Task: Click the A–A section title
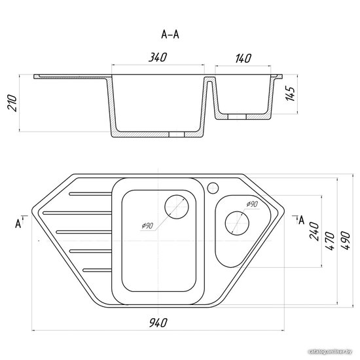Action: pos(170,35)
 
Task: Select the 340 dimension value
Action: pos(158,57)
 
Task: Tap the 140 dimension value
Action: pos(243,58)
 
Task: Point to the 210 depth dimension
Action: pos(12,103)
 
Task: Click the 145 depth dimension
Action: pos(290,94)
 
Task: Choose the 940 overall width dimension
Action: pos(158,323)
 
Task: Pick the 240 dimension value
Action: pos(315,231)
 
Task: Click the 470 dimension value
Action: pos(330,241)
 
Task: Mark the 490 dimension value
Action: pos(346,240)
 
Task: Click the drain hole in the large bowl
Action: pos(177,207)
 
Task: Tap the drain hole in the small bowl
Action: pos(237,223)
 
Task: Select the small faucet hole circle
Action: pos(213,188)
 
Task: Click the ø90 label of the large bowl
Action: pos(147,226)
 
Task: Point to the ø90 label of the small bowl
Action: pos(252,204)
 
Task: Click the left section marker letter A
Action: pos(18,223)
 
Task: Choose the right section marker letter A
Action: pos(302,220)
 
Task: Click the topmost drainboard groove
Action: pos(90,194)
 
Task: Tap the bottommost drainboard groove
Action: pos(98,270)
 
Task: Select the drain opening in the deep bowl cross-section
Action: pos(177,135)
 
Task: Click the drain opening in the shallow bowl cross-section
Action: pos(237,117)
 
